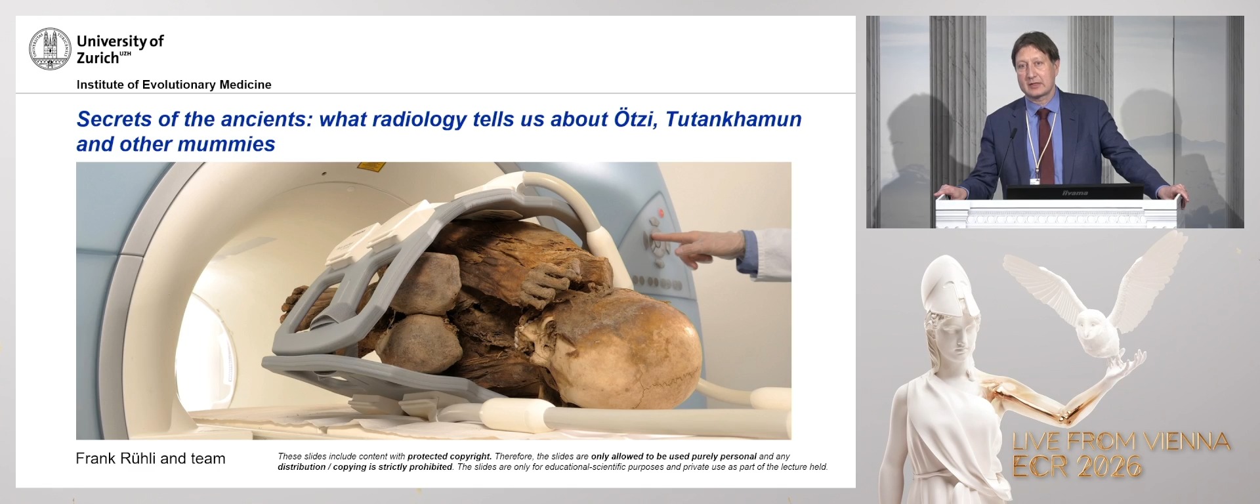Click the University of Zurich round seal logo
pyautogui.click(x=50, y=49)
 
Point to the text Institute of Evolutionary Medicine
pyautogui.click(x=174, y=85)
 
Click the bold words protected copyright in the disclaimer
pyautogui.click(x=449, y=456)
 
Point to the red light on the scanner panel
pyautogui.click(x=660, y=213)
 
